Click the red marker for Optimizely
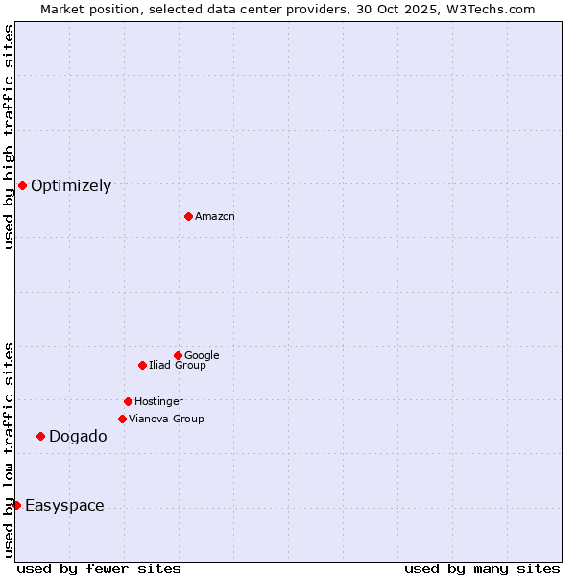pos(22,185)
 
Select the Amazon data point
pos(188,216)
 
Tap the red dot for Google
pos(178,355)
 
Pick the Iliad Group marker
pos(142,365)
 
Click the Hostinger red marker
pos(128,401)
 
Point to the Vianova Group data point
pos(122,419)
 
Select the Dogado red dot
pos(40,436)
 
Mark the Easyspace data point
pos(16,505)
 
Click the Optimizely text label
pos(71,186)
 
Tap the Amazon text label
pos(215,217)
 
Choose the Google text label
pos(202,356)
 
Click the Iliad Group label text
pos(178,366)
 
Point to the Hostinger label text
pos(158,402)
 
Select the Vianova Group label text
pos(166,420)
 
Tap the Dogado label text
pos(78,437)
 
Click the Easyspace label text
pos(64,506)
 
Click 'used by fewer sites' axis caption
pos(99,568)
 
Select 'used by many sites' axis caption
pos(482,568)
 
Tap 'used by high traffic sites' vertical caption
pos(9,136)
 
